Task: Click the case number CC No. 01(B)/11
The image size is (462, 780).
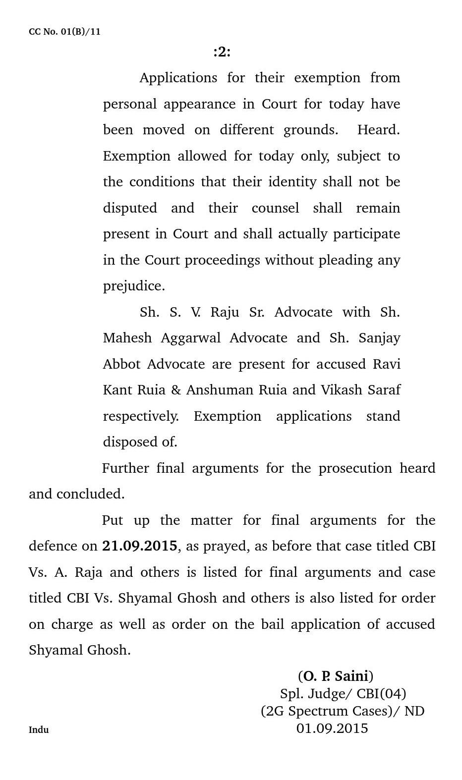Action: click(x=64, y=32)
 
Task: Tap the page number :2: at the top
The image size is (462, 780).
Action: click(x=222, y=52)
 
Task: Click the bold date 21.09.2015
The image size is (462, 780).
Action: click(x=139, y=546)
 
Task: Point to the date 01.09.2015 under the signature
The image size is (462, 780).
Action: click(x=332, y=728)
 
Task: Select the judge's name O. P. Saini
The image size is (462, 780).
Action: click(x=336, y=676)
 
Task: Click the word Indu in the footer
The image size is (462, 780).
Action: click(x=39, y=729)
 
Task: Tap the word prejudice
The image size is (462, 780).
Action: click(x=134, y=286)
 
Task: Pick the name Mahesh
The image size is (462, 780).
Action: click(x=127, y=338)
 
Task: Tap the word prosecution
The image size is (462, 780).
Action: click(x=355, y=468)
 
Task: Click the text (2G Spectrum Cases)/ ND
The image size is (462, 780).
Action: click(x=343, y=711)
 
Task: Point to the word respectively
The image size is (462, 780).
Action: click(x=141, y=416)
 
